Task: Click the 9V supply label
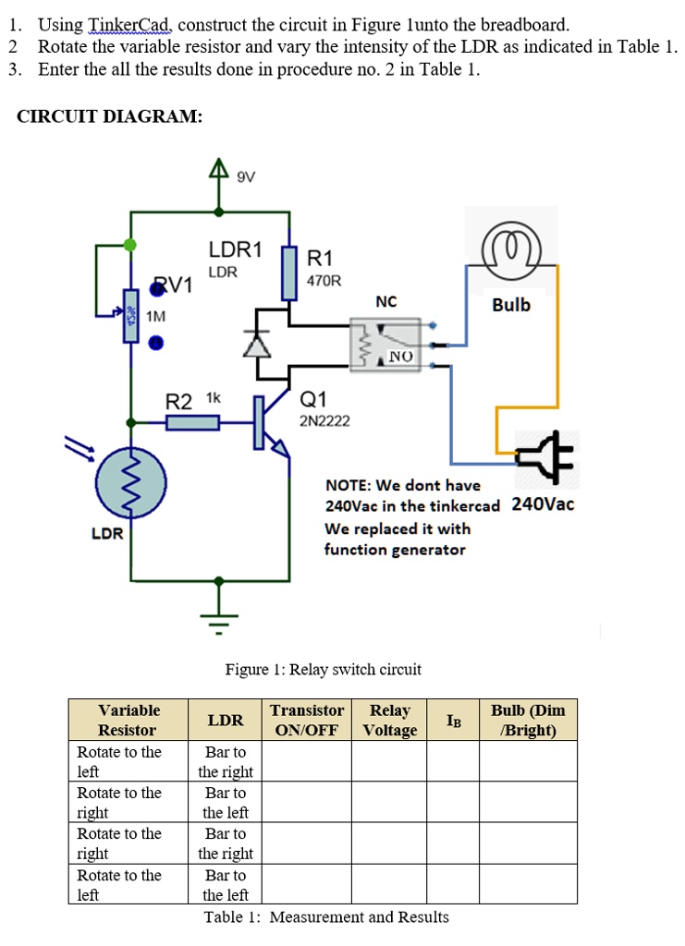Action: coord(246,176)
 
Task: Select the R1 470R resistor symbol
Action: coord(289,273)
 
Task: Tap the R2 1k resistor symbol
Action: coord(192,422)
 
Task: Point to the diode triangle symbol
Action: coord(257,344)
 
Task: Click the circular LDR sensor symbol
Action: coord(131,482)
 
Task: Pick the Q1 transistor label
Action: coord(312,399)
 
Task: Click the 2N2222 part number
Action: coord(324,421)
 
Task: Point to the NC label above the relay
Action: coord(386,302)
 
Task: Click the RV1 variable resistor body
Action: coord(131,316)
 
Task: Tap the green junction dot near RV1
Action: coord(129,244)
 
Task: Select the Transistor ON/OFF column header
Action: coord(307,720)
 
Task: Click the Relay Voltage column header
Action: coord(390,720)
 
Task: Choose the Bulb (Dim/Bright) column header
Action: coord(528,720)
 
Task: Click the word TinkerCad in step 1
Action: coord(129,25)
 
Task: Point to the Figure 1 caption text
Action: coord(324,669)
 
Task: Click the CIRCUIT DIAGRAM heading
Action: coord(110,115)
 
